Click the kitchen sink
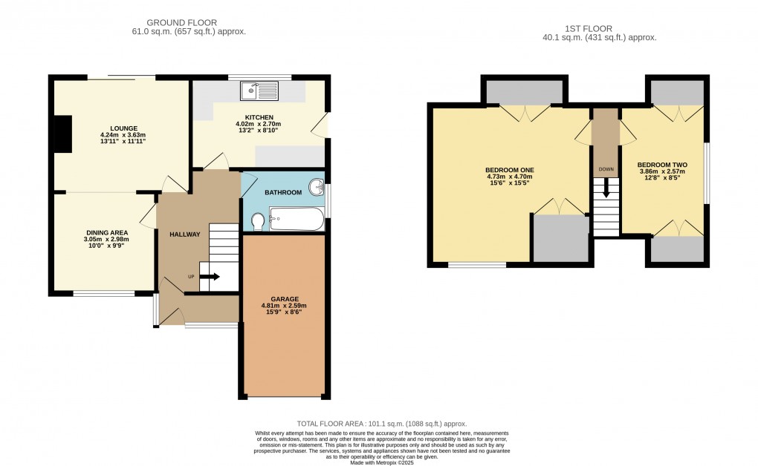point(257,91)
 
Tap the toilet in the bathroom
point(258,220)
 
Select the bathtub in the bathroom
point(297,219)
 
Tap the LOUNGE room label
point(123,128)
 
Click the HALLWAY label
point(184,234)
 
